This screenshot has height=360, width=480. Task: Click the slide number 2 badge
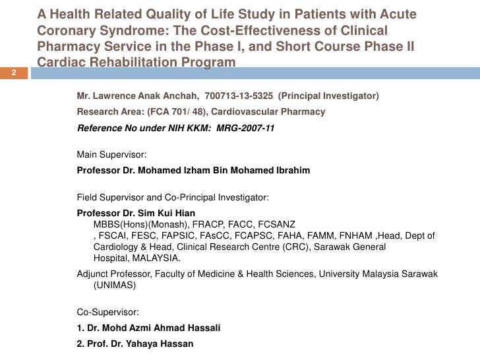pos(13,73)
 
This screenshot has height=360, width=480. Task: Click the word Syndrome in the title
pos(115,31)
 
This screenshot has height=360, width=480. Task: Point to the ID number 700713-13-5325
pos(238,96)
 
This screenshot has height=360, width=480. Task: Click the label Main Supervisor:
pos(112,155)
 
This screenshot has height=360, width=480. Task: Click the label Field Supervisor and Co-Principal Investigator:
pos(173,198)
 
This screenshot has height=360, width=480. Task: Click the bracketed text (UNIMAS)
pos(115,286)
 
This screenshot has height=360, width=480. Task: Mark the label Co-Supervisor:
pos(108,313)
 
